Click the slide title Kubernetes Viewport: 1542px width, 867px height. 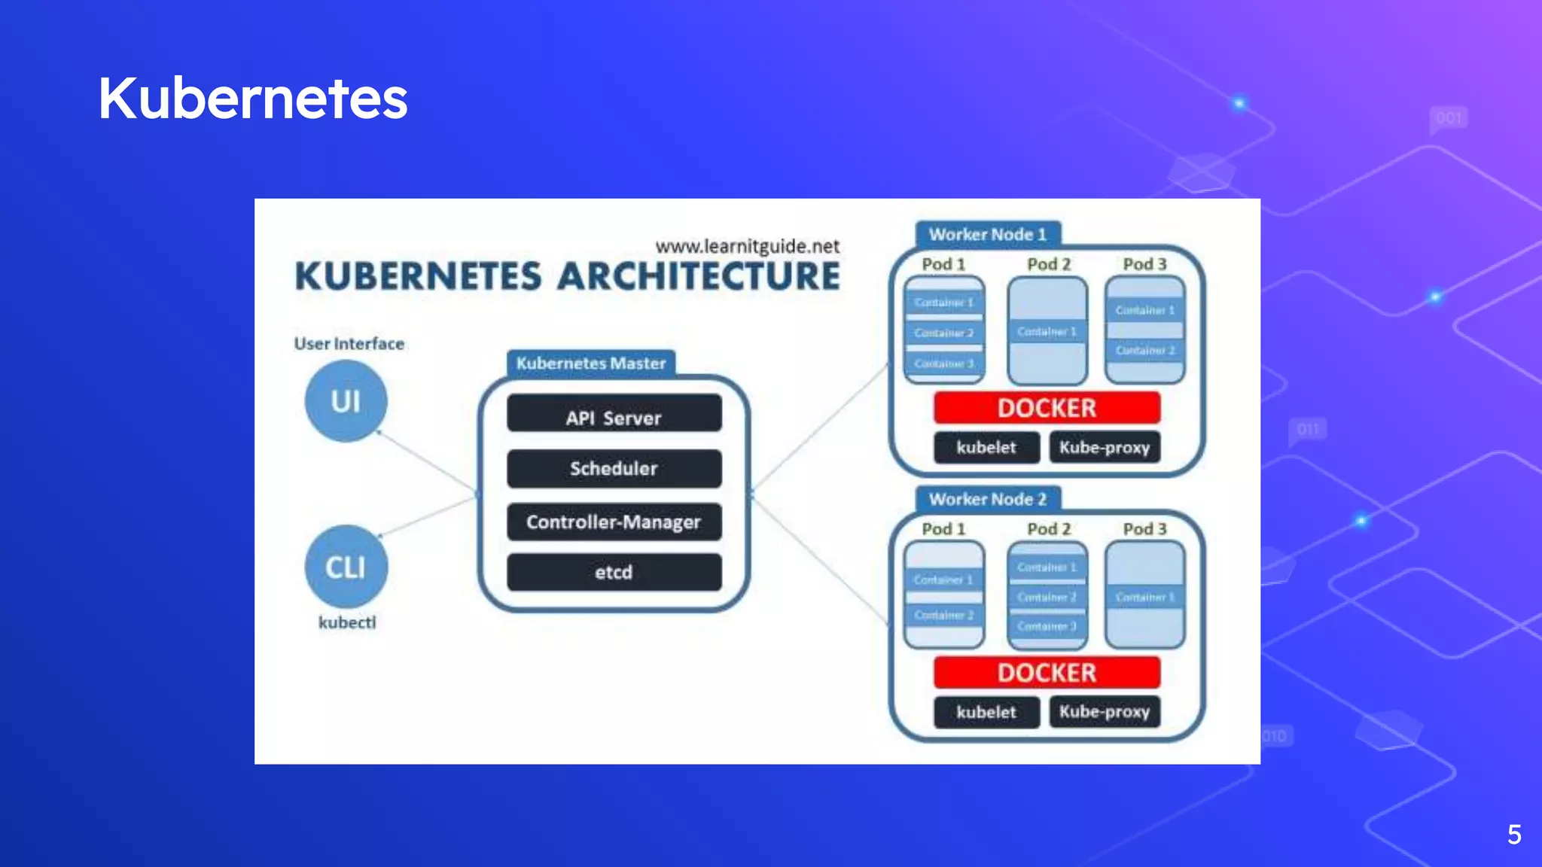click(x=253, y=99)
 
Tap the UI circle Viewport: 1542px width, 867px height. click(x=346, y=401)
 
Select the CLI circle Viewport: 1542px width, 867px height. click(x=346, y=567)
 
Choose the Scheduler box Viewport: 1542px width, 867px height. click(x=614, y=468)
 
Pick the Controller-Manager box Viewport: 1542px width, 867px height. click(x=614, y=522)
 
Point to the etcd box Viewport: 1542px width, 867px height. click(x=614, y=572)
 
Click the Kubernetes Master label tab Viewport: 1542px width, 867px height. click(x=591, y=363)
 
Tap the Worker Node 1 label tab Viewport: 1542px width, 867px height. click(x=987, y=234)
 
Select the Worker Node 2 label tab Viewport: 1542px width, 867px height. click(x=987, y=499)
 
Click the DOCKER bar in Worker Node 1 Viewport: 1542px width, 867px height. click(x=1047, y=408)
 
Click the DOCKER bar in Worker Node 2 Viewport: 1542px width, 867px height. click(x=1047, y=672)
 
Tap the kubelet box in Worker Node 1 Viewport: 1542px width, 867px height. click(x=986, y=447)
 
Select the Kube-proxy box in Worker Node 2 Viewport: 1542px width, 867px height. click(x=1105, y=711)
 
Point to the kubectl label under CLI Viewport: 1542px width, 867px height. click(x=347, y=622)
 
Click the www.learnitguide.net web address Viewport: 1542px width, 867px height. click(x=747, y=246)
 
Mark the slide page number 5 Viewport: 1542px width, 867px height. click(x=1514, y=834)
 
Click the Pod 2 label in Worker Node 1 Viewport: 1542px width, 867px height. click(x=1049, y=264)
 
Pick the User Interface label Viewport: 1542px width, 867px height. click(x=349, y=344)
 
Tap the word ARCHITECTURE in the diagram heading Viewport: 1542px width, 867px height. click(x=699, y=276)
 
